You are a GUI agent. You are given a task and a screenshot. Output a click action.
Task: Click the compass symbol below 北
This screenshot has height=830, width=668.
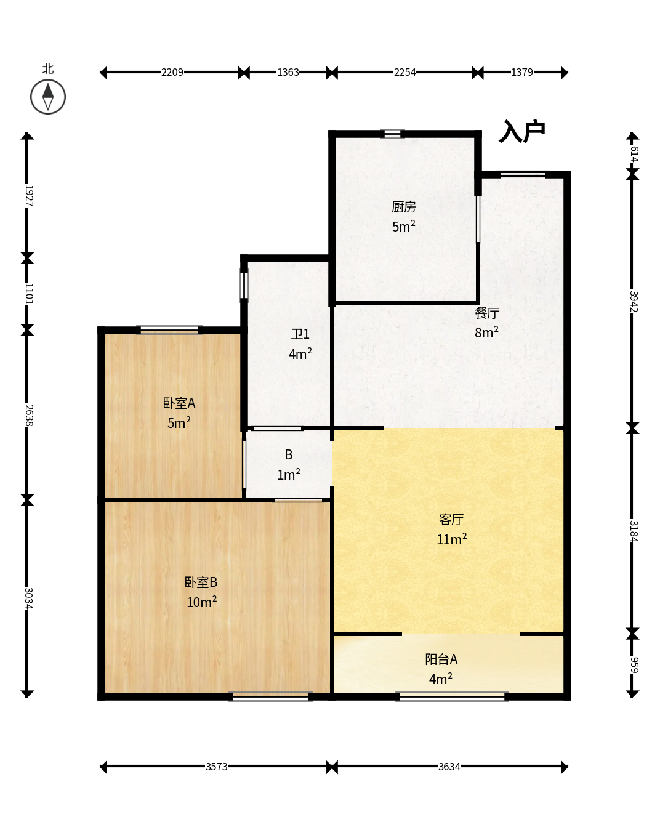click(x=48, y=97)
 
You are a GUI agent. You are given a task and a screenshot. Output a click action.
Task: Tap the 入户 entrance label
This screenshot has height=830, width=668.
click(x=522, y=132)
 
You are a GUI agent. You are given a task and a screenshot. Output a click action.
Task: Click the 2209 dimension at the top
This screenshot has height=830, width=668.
click(x=172, y=72)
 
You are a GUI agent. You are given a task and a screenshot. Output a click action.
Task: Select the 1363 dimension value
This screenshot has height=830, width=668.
click(x=288, y=72)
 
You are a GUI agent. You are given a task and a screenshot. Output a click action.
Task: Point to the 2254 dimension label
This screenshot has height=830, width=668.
click(x=404, y=72)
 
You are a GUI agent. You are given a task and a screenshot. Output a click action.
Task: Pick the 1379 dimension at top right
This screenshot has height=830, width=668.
click(x=522, y=72)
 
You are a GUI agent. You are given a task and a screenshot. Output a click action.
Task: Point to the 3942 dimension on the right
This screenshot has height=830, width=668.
click(x=634, y=301)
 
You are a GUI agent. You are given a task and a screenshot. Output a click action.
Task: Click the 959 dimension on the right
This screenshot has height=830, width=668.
click(x=634, y=664)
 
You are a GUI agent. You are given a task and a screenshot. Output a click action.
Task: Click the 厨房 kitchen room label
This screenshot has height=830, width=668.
click(x=403, y=207)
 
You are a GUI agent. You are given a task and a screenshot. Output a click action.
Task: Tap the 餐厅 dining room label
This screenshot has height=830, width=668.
click(x=487, y=313)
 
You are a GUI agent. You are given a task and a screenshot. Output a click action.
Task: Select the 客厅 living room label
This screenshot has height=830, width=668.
click(x=451, y=520)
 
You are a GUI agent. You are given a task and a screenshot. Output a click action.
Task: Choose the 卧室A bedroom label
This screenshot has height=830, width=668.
click(x=179, y=403)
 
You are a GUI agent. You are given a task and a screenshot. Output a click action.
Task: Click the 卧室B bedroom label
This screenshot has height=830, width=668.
click(x=201, y=582)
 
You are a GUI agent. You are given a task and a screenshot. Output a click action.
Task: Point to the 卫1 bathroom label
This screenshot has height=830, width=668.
click(x=300, y=334)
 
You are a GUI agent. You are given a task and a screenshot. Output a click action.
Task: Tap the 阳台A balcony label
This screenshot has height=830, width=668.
click(x=441, y=659)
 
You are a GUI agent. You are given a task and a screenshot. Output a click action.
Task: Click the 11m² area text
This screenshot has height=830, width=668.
click(x=452, y=539)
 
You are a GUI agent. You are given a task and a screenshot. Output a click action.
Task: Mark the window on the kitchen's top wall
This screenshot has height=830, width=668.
click(x=392, y=134)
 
